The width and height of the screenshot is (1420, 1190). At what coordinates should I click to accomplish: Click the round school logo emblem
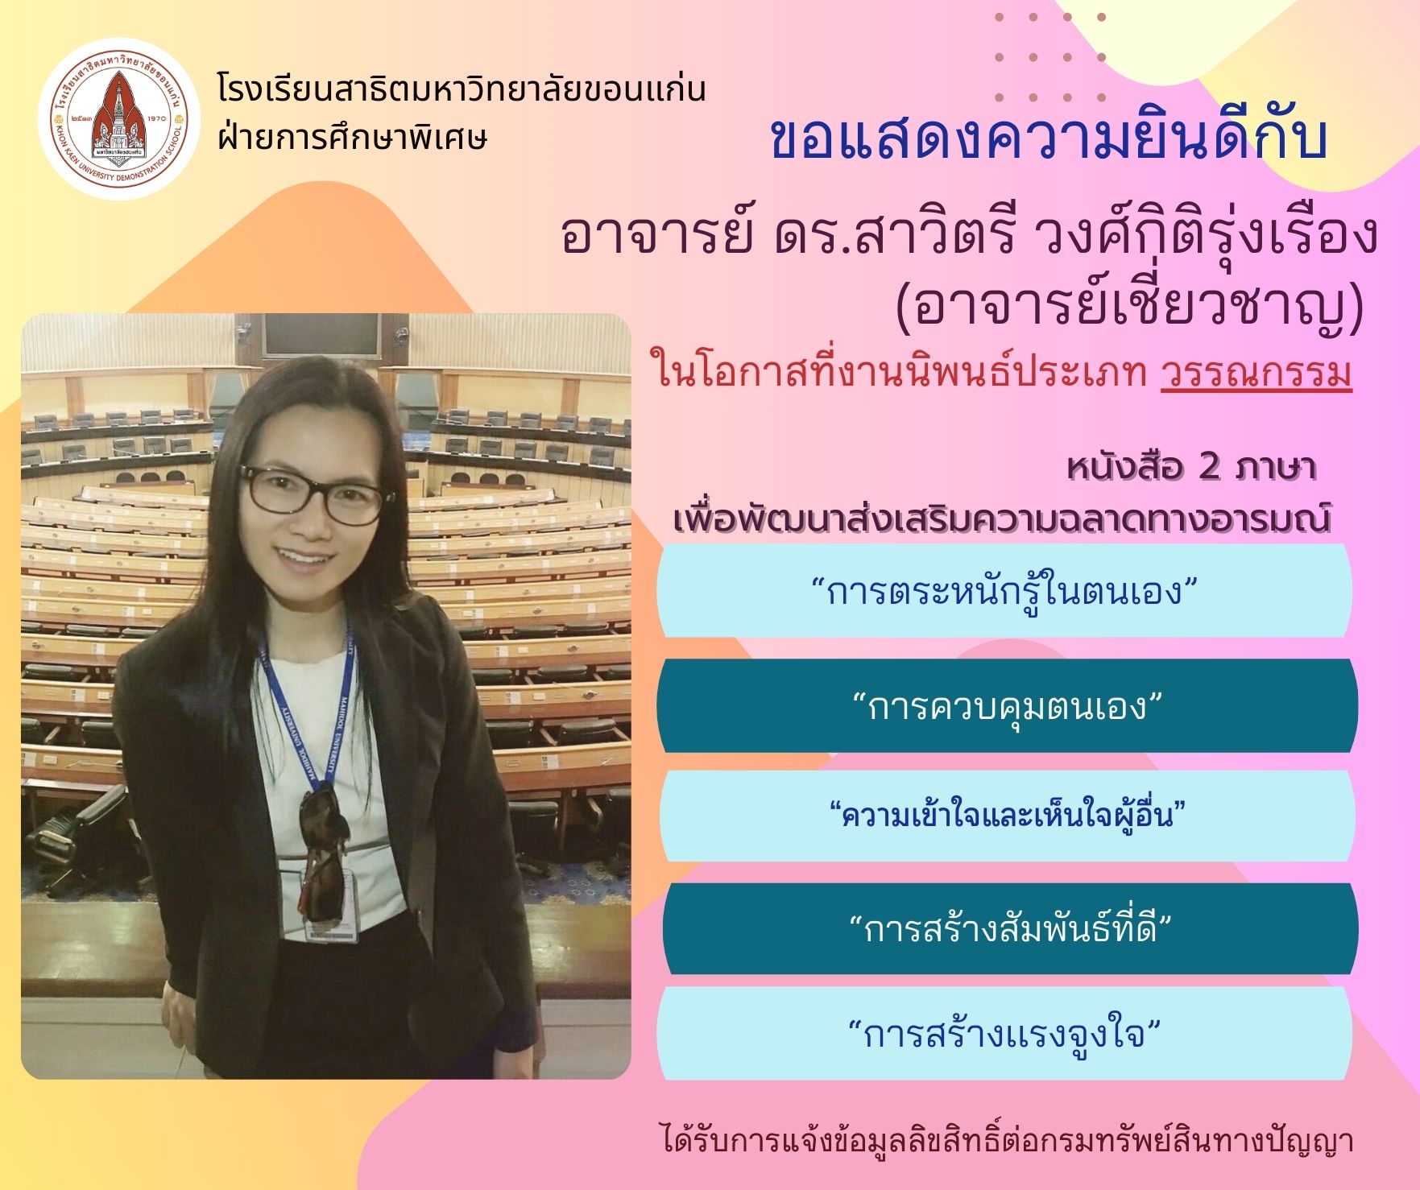pos(118,118)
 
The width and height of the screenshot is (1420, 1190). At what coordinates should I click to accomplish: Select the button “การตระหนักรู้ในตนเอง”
pos(1004,590)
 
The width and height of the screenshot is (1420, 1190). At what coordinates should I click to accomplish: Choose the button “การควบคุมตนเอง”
pos(1007,706)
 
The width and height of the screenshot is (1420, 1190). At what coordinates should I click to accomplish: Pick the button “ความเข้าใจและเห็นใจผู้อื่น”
pos(1007,816)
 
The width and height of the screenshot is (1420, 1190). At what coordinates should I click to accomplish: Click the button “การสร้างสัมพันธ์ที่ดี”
pos(1010,928)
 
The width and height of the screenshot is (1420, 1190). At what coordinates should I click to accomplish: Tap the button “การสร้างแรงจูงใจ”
pos(1004,1034)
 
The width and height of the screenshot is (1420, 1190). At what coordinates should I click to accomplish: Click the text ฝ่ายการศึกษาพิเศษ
pos(353,138)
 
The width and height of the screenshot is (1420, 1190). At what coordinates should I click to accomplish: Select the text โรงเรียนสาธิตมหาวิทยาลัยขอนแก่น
pos(462,88)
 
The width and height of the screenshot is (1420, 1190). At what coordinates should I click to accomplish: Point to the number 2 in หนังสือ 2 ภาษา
pos(1209,467)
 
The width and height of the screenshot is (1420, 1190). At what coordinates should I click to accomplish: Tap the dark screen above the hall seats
pos(321,335)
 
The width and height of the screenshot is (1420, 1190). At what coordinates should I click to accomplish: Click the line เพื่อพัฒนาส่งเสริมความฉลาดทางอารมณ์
pos(1001,518)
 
